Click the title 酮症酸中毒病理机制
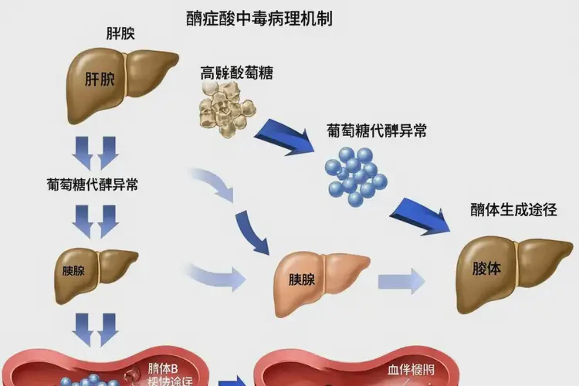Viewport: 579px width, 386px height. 259,17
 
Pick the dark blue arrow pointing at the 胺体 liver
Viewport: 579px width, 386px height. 423,214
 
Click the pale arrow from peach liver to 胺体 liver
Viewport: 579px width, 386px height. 401,279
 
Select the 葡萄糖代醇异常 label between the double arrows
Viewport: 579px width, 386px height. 93,185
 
